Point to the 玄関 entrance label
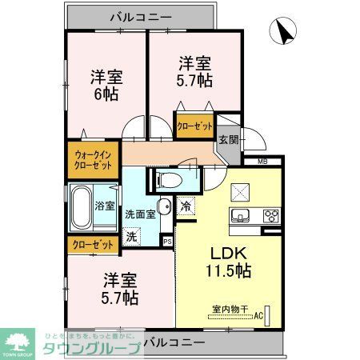click(x=228, y=139)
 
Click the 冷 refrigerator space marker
click(x=185, y=206)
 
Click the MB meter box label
click(x=262, y=162)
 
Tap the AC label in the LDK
click(x=258, y=316)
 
